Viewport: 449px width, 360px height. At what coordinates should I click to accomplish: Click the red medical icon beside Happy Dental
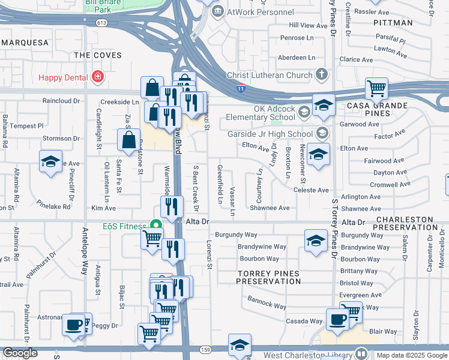[97, 77]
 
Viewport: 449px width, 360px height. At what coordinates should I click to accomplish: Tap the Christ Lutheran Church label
[269, 75]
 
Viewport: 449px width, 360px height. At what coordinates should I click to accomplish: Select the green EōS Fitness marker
[156, 226]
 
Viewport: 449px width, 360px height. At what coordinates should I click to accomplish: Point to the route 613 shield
[101, 23]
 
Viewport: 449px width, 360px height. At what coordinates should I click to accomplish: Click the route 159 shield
[205, 349]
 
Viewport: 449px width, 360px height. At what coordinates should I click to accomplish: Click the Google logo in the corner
[20, 353]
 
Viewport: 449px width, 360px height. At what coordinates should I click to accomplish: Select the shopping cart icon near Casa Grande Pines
[376, 89]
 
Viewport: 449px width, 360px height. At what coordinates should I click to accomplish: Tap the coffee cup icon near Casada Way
[337, 319]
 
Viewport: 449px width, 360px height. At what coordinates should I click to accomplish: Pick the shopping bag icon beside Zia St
[129, 140]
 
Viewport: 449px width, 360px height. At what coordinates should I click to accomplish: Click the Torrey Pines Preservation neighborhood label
[268, 277]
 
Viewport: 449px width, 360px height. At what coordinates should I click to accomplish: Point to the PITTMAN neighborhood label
[393, 22]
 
